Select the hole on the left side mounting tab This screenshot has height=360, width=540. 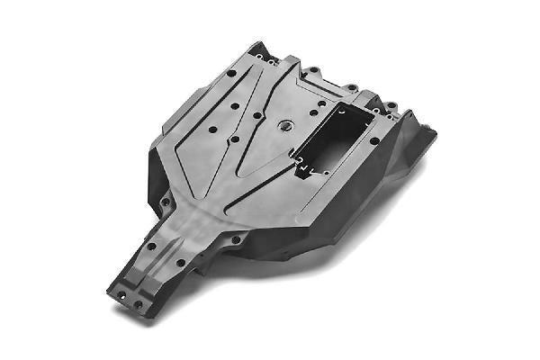[166, 202]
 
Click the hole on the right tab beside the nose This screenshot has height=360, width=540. [236, 240]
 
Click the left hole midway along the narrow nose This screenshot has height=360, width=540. [151, 245]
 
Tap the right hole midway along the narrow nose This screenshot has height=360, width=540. [180, 263]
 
